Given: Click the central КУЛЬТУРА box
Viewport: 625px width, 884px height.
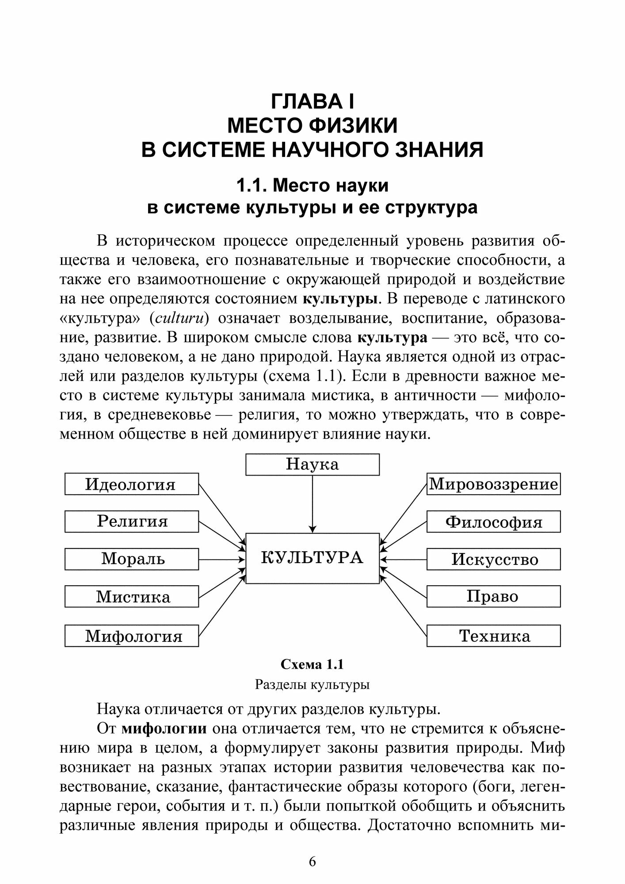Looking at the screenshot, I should pyautogui.click(x=312, y=558).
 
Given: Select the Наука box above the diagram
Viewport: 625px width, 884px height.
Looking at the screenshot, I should pyautogui.click(x=312, y=464).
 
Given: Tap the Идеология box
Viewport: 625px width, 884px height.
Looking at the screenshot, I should pyautogui.click(x=131, y=484).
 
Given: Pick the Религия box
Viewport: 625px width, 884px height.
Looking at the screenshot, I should pyautogui.click(x=131, y=521).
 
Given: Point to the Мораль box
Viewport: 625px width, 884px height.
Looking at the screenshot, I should pyautogui.click(x=131, y=559).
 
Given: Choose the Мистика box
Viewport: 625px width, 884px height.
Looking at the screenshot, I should pyautogui.click(x=131, y=596).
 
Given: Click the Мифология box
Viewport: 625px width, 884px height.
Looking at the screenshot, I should pyautogui.click(x=131, y=636).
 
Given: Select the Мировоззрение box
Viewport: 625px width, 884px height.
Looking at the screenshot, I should pyautogui.click(x=493, y=484).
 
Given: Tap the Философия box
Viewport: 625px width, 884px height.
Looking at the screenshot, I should pyautogui.click(x=493, y=522).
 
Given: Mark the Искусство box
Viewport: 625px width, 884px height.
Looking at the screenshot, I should pyautogui.click(x=493, y=559).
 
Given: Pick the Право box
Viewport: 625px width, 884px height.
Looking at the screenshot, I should pyautogui.click(x=493, y=596).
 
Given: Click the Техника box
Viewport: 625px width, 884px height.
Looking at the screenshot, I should pyautogui.click(x=493, y=636).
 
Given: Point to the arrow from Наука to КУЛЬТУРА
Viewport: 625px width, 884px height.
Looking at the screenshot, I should pyautogui.click(x=312, y=504).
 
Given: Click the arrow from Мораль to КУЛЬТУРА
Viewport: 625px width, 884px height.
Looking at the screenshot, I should pyautogui.click(x=222, y=559).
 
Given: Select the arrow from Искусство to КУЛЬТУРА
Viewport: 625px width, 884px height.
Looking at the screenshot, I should pyautogui.click(x=403, y=559).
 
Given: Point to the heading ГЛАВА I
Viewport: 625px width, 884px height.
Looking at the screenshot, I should pyautogui.click(x=312, y=102).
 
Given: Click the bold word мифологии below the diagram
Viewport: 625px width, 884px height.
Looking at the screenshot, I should pyautogui.click(x=164, y=729).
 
